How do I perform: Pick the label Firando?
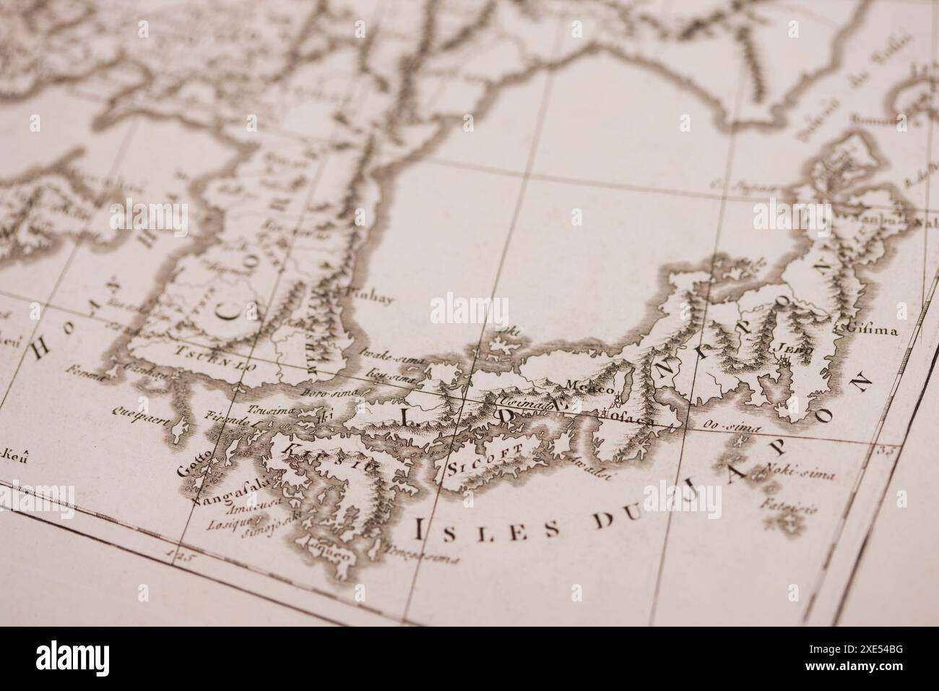(217, 419)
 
